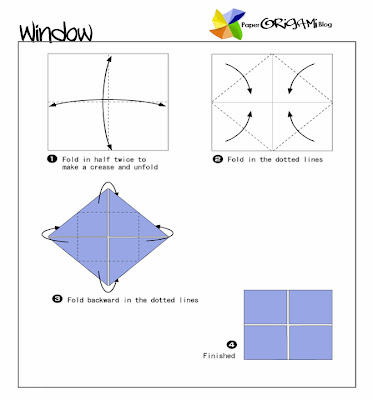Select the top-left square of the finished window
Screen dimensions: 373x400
[x=264, y=306]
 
